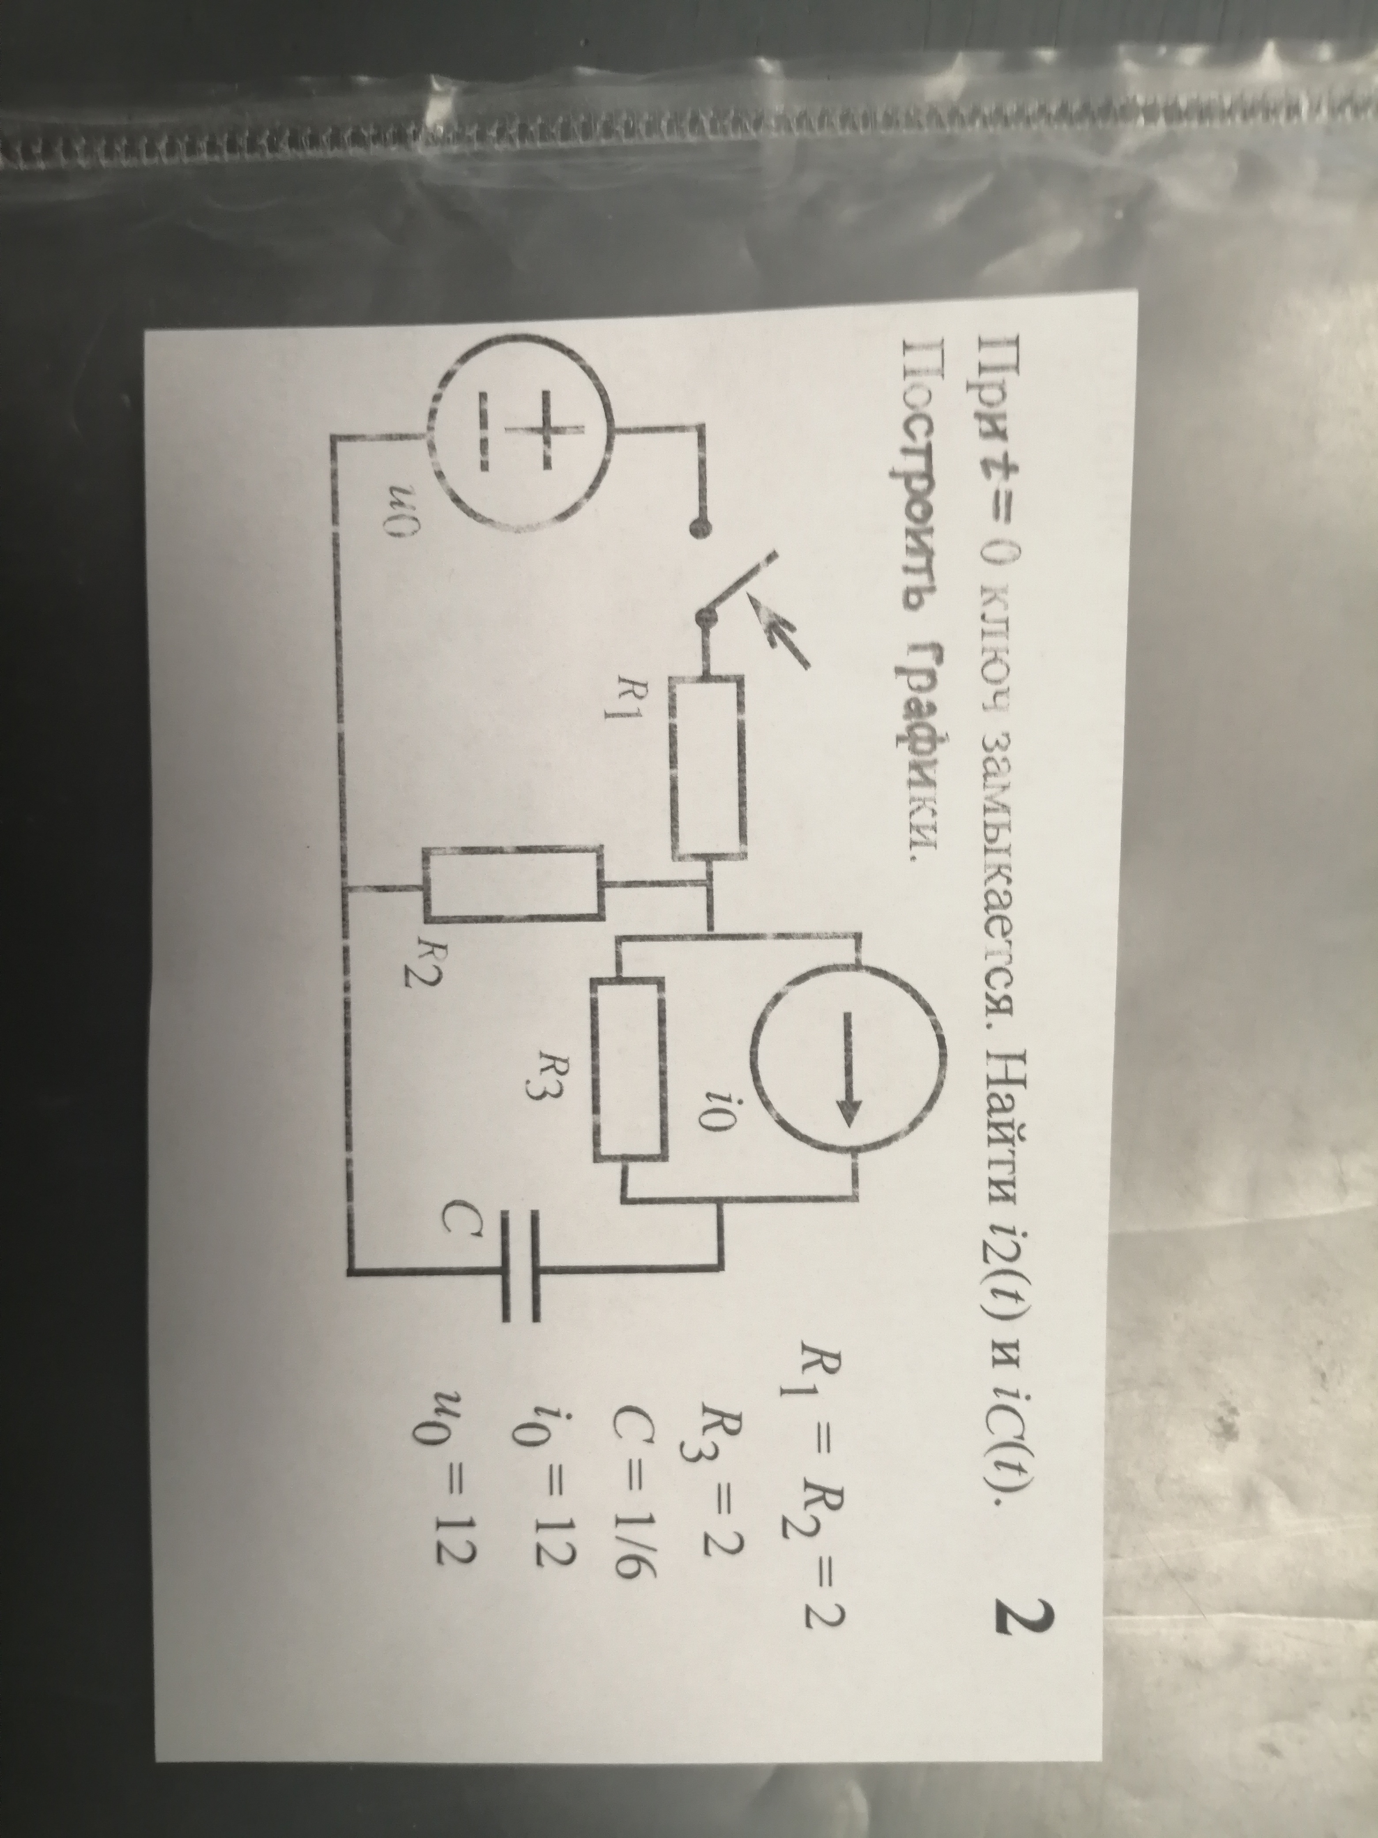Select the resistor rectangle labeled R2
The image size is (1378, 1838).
[513, 885]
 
